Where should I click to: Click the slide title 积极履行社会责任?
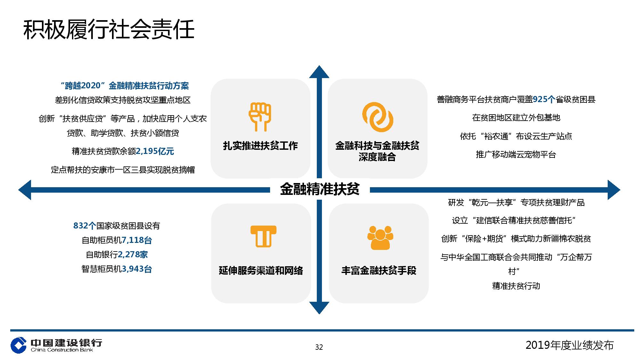[x=109, y=30]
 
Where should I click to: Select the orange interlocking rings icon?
[x=378, y=117]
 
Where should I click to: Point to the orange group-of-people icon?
[x=380, y=237]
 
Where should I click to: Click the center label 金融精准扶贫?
[x=320, y=189]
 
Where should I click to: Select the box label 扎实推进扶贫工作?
[x=260, y=146]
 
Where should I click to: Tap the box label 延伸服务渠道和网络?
[x=261, y=271]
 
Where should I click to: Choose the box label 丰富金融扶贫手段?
[x=379, y=271]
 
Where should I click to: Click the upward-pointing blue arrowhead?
[x=319, y=72]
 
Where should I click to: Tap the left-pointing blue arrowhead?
[x=25, y=190]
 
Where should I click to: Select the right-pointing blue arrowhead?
[x=614, y=190]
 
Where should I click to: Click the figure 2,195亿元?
[x=155, y=151]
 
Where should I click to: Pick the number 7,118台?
[x=137, y=240]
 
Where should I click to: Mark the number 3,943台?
[x=137, y=269]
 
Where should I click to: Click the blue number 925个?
[x=544, y=100]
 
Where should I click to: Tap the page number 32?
[x=319, y=347]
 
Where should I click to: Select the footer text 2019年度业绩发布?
[x=570, y=345]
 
